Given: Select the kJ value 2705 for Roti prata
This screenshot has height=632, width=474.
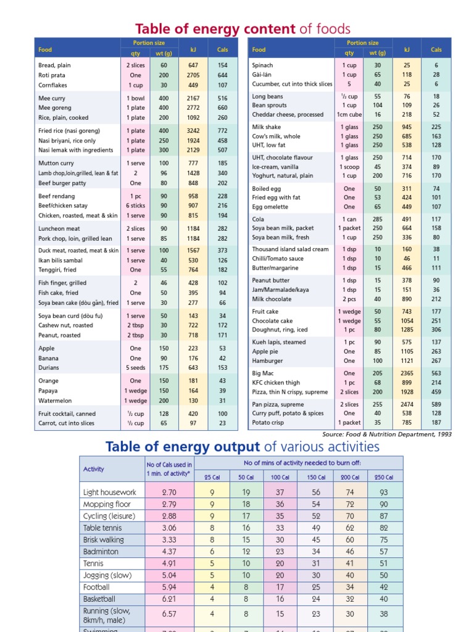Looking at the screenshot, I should [193, 75].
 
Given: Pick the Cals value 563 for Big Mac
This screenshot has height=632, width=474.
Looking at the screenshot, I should [436, 373].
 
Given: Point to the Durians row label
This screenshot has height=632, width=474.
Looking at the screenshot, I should [49, 368].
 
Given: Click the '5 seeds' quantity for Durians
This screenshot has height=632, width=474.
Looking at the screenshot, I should [136, 368].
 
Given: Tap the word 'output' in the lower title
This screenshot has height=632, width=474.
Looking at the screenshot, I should [237, 447].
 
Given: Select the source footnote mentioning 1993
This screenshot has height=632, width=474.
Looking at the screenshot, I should [386, 434].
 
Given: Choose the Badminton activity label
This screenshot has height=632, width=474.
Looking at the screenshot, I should [102, 551].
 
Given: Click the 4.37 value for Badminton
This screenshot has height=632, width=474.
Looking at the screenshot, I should [168, 551].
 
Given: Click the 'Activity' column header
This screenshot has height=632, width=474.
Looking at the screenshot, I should [94, 469].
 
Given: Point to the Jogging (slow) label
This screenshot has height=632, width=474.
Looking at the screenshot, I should [107, 575].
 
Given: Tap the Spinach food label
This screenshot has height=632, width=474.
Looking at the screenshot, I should [262, 65].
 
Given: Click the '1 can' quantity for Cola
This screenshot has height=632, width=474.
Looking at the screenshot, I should [349, 218].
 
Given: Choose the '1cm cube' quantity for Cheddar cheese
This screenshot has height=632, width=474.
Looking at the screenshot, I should [349, 115].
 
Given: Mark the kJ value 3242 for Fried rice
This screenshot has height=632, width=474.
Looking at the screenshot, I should [193, 131].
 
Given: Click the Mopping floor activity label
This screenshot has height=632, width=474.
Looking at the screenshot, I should [107, 504].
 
